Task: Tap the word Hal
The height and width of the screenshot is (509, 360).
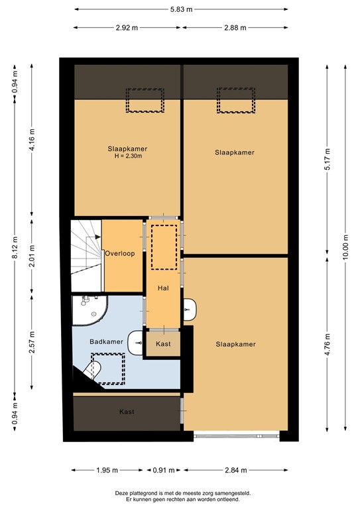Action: coord(163,288)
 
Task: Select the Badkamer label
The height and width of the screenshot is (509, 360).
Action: coord(107,341)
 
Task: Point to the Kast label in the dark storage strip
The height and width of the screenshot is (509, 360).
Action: coord(127,412)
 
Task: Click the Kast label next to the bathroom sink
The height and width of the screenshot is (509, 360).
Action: coord(163,344)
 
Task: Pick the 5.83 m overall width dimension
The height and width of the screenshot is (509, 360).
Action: coord(180,9)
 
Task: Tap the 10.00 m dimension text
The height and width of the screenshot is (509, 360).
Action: coord(345,247)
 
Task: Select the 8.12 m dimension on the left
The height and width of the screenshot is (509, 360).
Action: coord(14,247)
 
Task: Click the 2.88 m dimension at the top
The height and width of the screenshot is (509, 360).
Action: coord(234,28)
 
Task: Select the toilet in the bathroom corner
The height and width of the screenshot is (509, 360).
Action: coord(94,371)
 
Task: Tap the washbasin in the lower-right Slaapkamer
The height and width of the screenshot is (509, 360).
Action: coord(190,308)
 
